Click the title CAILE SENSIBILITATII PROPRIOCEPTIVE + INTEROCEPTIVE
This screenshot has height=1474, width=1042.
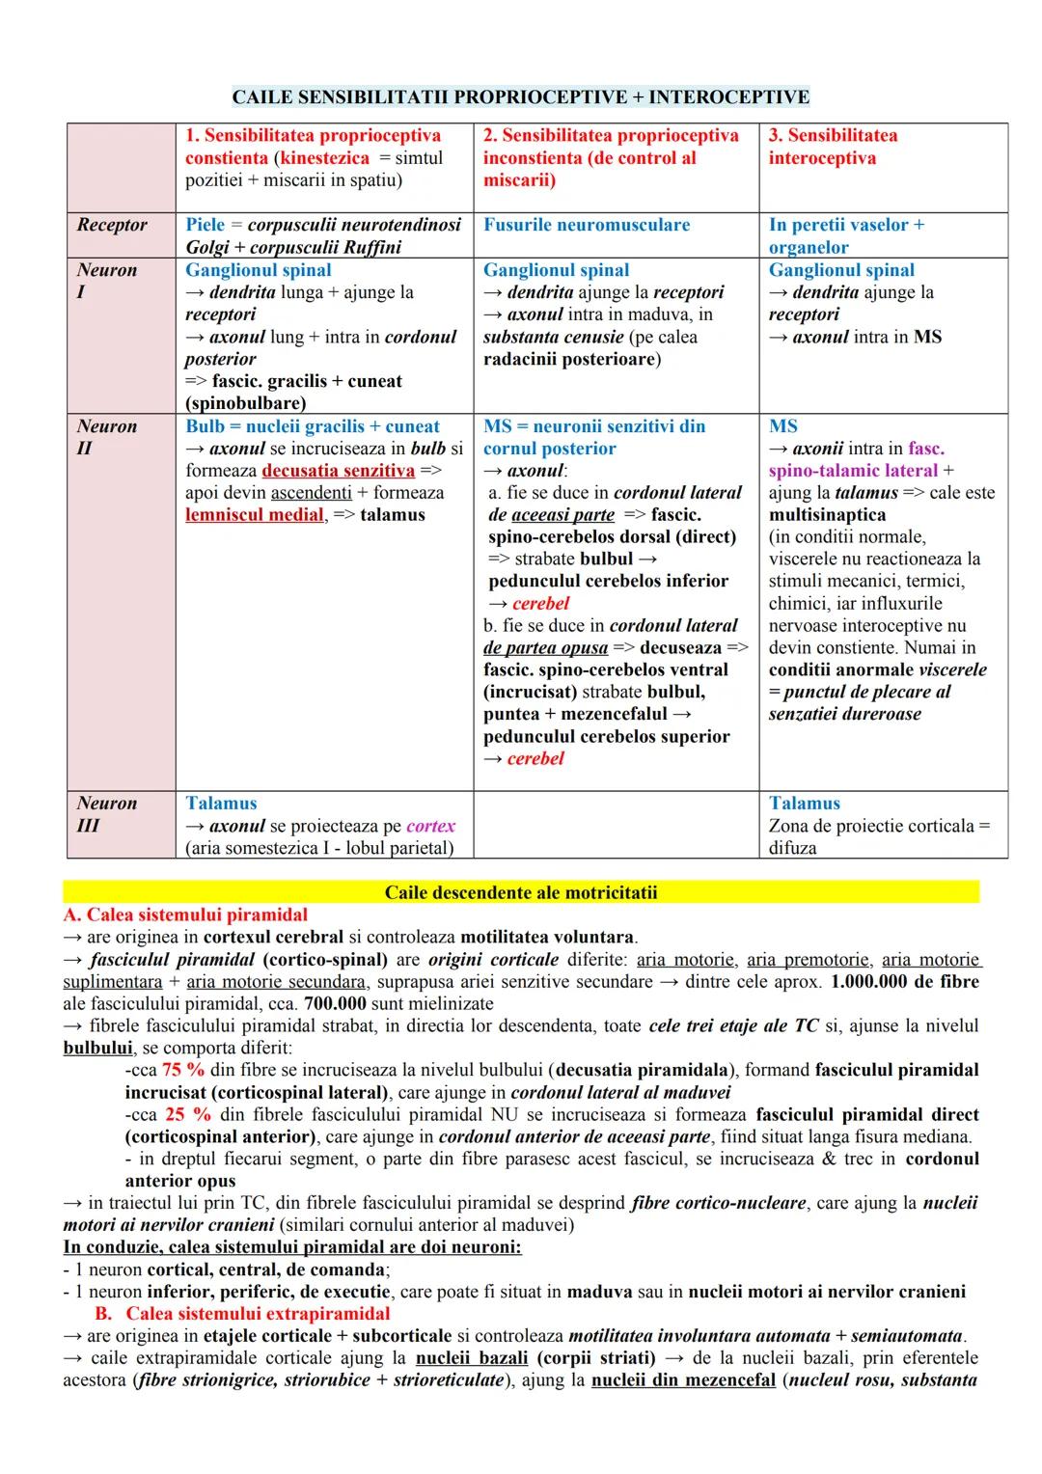point(521,97)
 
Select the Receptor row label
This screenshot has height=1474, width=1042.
point(112,225)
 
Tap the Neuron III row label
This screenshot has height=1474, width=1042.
point(106,814)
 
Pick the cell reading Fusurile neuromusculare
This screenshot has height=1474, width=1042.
point(587,225)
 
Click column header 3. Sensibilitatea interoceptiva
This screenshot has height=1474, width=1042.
point(832,147)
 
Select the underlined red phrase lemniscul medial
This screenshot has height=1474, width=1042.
point(255,515)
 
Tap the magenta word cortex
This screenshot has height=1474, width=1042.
point(430,827)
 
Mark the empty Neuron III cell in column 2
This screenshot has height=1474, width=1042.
point(616,825)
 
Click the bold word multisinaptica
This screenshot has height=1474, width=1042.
point(827,515)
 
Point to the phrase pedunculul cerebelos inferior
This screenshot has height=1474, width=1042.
point(608,582)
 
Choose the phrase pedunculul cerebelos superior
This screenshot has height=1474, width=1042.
point(606,737)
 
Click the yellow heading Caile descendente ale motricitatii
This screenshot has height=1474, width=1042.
point(521,892)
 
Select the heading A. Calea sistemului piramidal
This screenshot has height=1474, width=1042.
point(185,915)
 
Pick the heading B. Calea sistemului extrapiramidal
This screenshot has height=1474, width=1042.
point(243,1314)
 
